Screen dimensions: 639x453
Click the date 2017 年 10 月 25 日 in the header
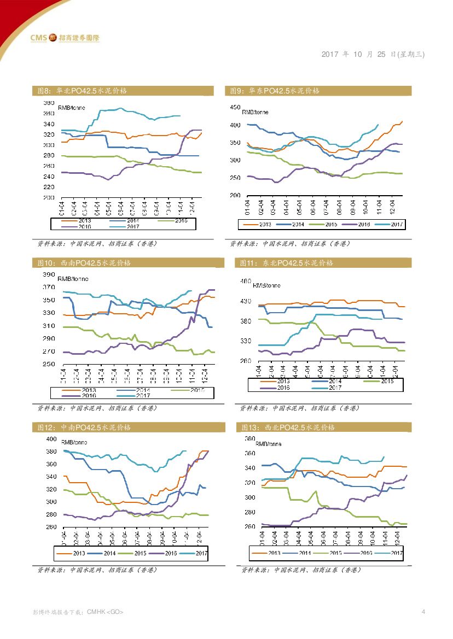(x=373, y=54)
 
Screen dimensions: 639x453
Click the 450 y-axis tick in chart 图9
(x=235, y=108)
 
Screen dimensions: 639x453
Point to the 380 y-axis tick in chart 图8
(x=49, y=103)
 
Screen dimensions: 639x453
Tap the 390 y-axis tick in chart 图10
(x=49, y=274)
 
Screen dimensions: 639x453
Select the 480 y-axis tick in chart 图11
(x=247, y=282)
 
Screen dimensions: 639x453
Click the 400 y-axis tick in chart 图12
(x=51, y=439)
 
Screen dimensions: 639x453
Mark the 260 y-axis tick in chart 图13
(x=249, y=527)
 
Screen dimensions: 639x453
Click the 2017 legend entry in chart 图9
(x=392, y=225)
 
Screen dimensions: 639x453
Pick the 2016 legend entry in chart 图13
(x=361, y=553)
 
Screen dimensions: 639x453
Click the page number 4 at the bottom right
(x=423, y=612)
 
